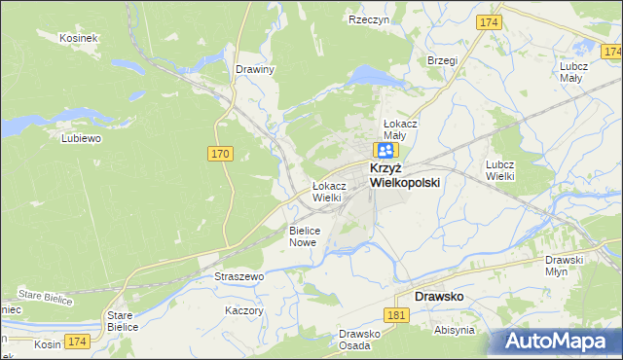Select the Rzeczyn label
coord(369,18)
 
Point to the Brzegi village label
coord(442,59)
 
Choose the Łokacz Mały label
coord(400,130)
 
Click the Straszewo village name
coord(239,277)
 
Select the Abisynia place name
coord(455,330)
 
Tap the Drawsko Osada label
coord(359,341)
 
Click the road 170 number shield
coord(220,153)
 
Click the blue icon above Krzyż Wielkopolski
coord(386,150)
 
